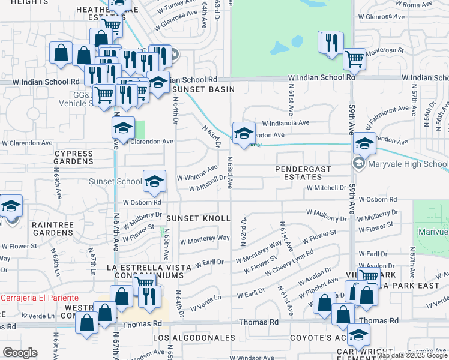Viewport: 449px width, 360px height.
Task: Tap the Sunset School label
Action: point(115,181)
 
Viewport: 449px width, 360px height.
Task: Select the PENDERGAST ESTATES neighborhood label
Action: point(303,173)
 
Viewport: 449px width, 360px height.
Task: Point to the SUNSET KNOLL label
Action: point(198,218)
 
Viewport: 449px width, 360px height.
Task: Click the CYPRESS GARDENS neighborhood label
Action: point(74,157)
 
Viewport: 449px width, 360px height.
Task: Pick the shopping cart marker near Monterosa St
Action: point(354,59)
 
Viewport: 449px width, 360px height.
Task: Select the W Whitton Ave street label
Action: point(197,173)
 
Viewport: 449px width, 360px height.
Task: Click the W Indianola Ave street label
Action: point(285,122)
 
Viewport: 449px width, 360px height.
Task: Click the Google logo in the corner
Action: point(20,353)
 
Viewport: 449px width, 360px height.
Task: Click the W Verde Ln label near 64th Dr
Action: point(206,302)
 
